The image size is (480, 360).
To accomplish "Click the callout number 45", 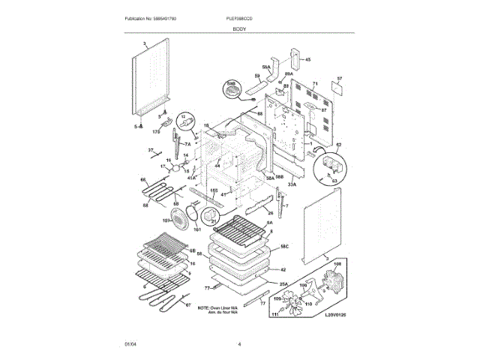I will tap(307, 59).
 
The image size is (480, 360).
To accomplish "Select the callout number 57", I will tap(339, 79).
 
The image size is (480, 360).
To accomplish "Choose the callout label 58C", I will tap(285, 246).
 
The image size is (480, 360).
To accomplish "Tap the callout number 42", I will tap(283, 269).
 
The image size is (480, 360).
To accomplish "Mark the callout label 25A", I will tap(284, 283).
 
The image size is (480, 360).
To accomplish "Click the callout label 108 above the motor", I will tap(337, 265).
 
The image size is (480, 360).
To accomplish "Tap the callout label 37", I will tap(150, 151).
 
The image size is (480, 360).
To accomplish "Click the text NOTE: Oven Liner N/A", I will tap(218, 307).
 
